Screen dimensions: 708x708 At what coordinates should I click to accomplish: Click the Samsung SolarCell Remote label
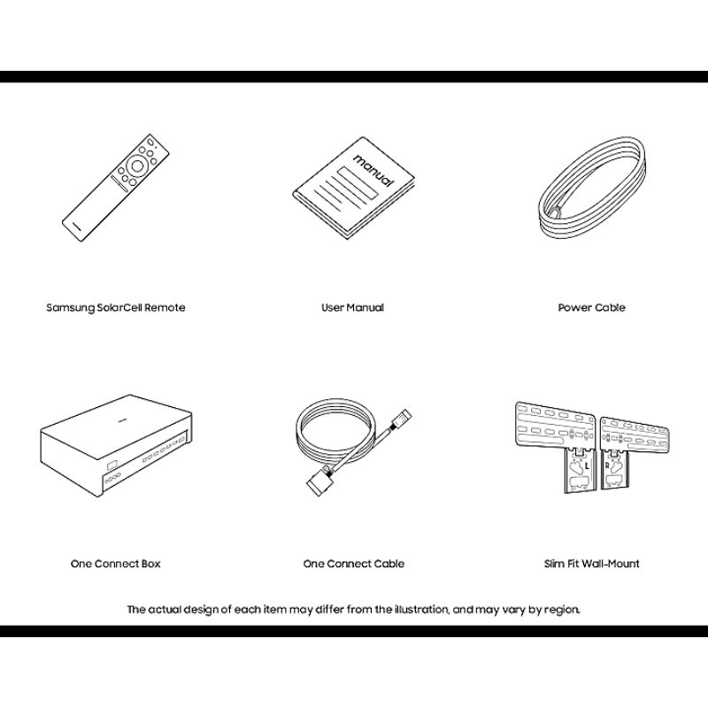(116, 307)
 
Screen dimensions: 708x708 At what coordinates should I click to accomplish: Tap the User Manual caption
(352, 307)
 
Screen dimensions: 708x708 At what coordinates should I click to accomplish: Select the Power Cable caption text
(591, 307)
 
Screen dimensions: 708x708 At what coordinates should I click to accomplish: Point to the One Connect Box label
(116, 564)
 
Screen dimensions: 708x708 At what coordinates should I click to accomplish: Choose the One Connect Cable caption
(353, 564)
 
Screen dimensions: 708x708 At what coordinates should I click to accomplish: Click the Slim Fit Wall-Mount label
(591, 564)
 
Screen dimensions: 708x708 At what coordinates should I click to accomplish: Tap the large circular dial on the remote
(137, 165)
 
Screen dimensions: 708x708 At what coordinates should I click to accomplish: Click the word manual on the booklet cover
(373, 170)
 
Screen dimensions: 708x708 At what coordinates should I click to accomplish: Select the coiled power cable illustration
(592, 188)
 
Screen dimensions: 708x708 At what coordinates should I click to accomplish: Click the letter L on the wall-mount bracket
(587, 466)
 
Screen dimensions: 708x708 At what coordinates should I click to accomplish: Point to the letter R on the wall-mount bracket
(607, 466)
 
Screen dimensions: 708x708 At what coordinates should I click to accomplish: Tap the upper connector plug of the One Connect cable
(402, 417)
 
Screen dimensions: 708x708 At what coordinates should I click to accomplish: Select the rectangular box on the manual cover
(358, 183)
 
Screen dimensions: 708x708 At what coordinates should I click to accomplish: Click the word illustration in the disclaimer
(422, 610)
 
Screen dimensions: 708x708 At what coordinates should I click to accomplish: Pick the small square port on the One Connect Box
(112, 464)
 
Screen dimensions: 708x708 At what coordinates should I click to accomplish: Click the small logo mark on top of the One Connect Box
(121, 419)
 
